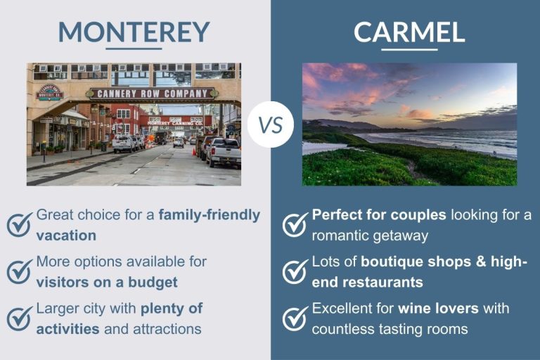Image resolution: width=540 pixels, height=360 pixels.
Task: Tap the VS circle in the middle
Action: pyautogui.click(x=270, y=124)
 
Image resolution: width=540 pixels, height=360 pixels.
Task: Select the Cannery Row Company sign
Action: pyautogui.click(x=151, y=93)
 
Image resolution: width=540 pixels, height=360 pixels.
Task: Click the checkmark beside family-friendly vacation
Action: pyautogui.click(x=19, y=224)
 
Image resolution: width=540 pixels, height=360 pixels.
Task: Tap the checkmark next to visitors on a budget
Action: pyautogui.click(x=19, y=271)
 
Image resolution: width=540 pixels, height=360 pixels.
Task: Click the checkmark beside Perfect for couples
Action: pyautogui.click(x=295, y=224)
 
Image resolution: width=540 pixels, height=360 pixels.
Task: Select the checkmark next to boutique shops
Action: pyautogui.click(x=295, y=271)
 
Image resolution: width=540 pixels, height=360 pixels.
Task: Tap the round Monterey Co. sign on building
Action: pyautogui.click(x=50, y=92)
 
